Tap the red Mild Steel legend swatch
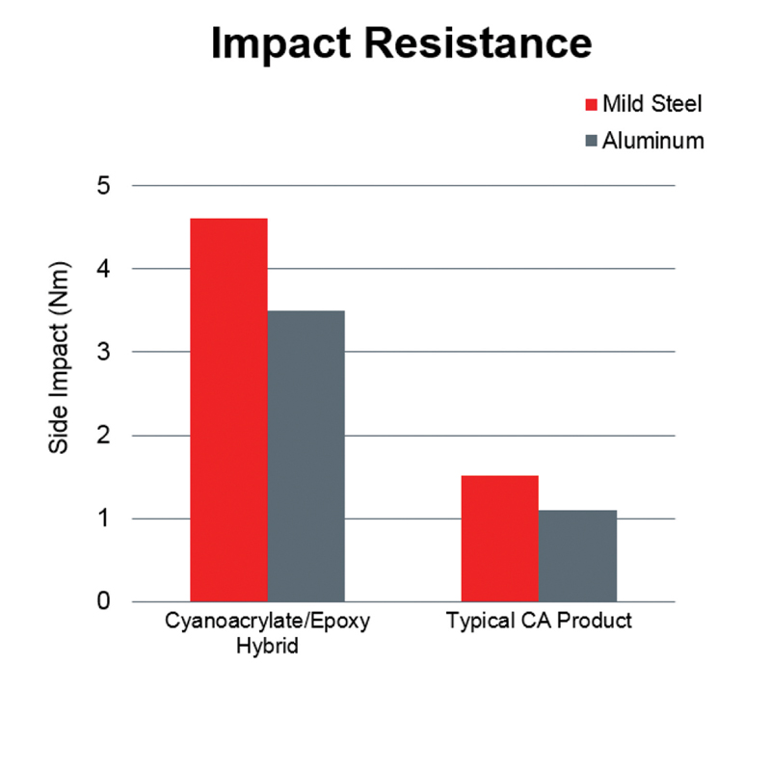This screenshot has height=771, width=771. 591,104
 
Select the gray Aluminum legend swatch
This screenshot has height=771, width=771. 591,141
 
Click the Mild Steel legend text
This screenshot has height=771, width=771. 652,104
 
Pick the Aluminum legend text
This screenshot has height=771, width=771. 653,141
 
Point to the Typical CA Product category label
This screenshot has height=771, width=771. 539,621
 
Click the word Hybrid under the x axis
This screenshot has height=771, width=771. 267,646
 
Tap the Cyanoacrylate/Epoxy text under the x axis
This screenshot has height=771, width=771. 267,621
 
